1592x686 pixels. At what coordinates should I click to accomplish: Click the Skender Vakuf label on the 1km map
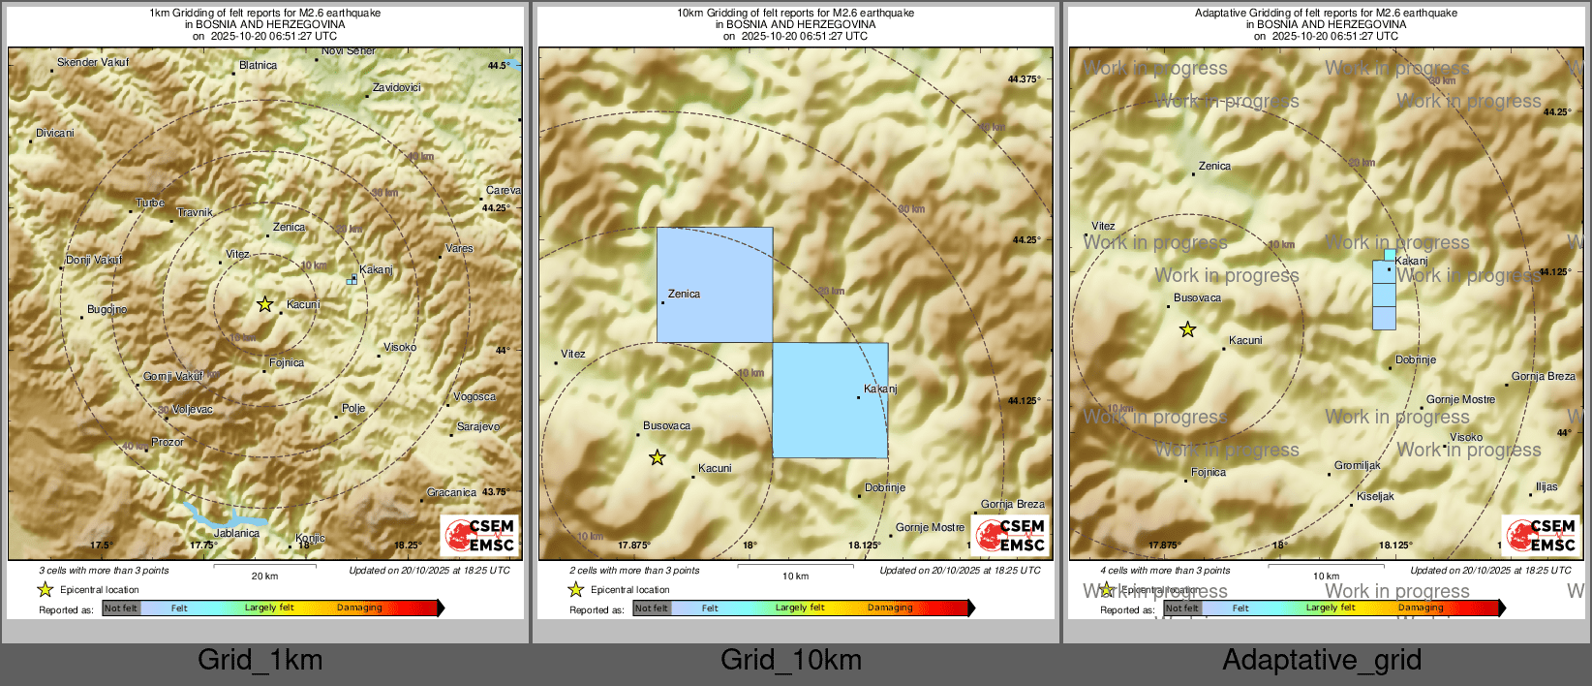point(92,63)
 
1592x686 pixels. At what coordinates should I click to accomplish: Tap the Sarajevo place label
point(478,427)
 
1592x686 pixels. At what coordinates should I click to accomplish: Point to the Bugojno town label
point(107,310)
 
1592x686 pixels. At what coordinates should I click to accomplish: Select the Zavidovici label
point(397,88)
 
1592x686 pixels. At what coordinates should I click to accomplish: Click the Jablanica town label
point(236,533)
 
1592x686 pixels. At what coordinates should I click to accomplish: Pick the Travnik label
point(195,213)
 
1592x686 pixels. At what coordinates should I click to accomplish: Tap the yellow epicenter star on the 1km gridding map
point(264,304)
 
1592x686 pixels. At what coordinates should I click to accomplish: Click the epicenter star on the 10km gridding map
point(658,457)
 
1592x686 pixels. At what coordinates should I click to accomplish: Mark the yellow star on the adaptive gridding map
point(1187,330)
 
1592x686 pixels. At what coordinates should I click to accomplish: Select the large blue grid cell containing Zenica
point(715,285)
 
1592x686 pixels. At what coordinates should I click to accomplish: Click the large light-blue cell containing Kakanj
point(830,400)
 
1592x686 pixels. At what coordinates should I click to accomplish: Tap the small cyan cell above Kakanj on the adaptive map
point(1390,255)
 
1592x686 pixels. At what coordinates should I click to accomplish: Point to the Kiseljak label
point(1375,497)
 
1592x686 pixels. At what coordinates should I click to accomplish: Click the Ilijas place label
point(1546,487)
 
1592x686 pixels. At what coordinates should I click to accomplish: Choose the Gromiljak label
point(1358,466)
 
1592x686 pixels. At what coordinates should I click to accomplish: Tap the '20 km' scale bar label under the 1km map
point(264,577)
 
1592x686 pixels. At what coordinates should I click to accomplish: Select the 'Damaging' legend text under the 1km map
point(359,608)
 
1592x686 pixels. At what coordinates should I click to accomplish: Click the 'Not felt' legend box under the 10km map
point(652,608)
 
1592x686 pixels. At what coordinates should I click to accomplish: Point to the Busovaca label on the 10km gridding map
point(666,426)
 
